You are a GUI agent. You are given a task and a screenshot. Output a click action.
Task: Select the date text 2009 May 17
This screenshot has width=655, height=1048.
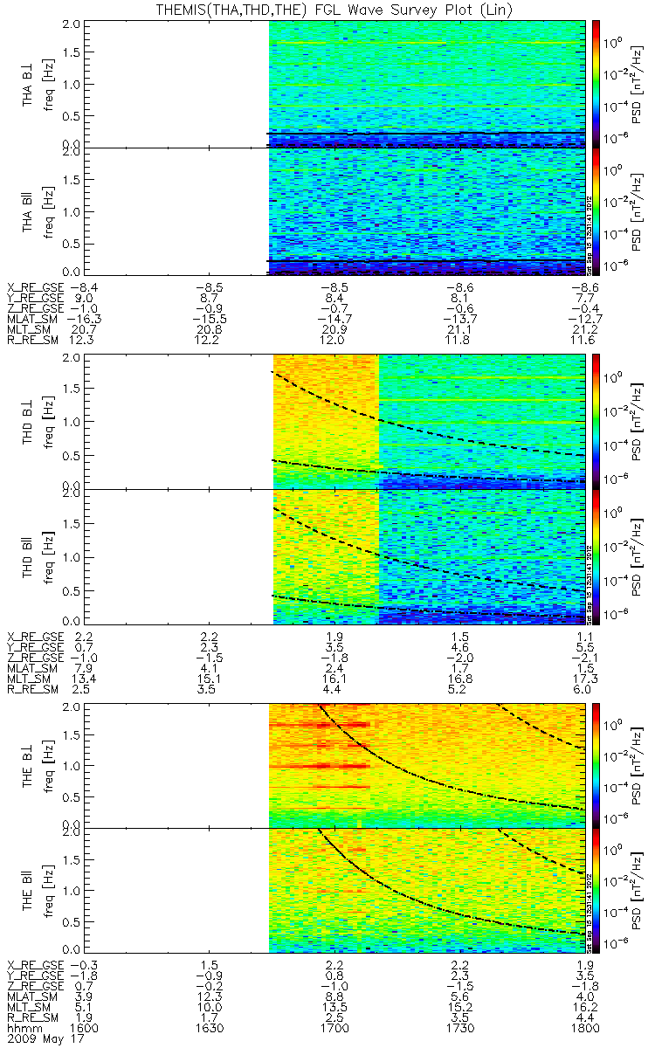(38, 1040)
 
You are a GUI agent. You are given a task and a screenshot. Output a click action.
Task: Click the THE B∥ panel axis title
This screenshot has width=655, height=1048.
(29, 891)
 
